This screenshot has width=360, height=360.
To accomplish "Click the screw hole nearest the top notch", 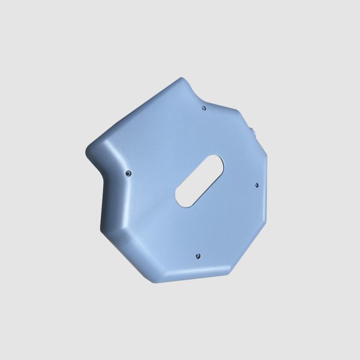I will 204,108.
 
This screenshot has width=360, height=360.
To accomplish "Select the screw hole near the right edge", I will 256,185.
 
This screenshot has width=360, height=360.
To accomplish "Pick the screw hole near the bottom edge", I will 197,256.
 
